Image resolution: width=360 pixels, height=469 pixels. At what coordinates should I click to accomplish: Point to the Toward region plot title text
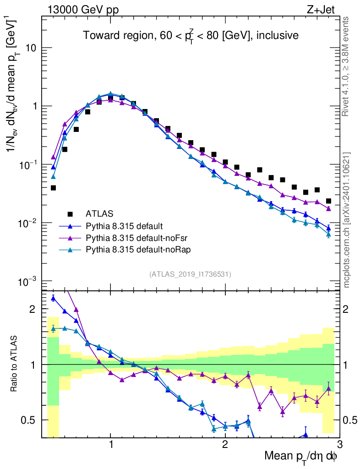click(x=191, y=35)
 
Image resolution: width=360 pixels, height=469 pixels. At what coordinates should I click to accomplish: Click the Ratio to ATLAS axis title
click(x=15, y=364)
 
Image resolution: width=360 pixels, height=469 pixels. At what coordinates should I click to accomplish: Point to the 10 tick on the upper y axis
click(x=32, y=48)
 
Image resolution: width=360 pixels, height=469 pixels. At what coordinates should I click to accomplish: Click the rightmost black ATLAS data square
click(x=328, y=201)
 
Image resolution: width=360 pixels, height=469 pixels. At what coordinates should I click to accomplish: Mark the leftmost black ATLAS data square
click(x=53, y=188)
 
